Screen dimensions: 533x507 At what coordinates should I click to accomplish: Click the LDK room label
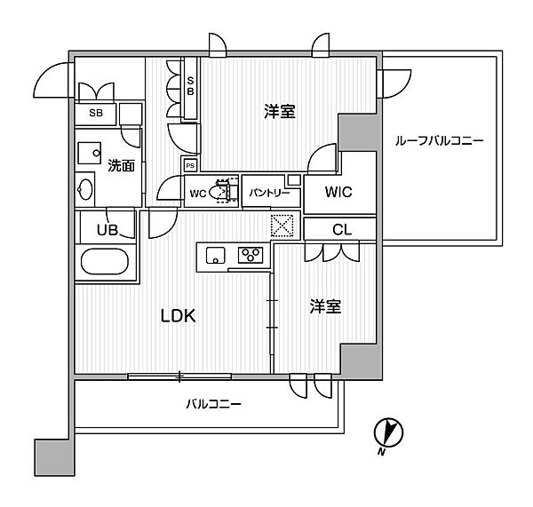point(178,316)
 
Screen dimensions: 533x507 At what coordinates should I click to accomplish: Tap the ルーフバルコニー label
point(439,140)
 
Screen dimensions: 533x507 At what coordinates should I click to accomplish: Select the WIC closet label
point(338,192)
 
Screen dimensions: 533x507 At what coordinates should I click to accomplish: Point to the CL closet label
point(342,230)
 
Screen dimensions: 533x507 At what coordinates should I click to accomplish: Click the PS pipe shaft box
point(190,165)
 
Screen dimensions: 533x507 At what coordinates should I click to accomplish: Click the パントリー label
point(269,193)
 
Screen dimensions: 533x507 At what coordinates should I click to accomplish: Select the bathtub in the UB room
point(105,262)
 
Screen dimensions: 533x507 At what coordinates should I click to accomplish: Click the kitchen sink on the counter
point(216,256)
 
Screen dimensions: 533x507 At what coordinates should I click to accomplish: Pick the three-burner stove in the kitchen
point(251,255)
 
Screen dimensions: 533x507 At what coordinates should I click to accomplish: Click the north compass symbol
point(388,433)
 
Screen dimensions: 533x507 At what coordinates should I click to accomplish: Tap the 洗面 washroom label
point(121,165)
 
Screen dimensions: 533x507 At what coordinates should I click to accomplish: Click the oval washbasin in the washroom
point(84,189)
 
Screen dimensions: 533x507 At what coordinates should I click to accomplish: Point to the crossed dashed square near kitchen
point(282,226)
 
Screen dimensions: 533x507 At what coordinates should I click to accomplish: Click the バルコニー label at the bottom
point(213,404)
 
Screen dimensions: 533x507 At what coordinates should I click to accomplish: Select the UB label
point(107,230)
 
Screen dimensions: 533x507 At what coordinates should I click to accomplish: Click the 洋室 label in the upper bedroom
point(280,111)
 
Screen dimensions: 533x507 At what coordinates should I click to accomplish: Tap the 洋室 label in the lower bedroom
point(325,306)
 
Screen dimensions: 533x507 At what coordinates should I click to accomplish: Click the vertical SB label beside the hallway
point(190,86)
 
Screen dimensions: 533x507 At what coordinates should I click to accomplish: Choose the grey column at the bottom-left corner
point(54,457)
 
